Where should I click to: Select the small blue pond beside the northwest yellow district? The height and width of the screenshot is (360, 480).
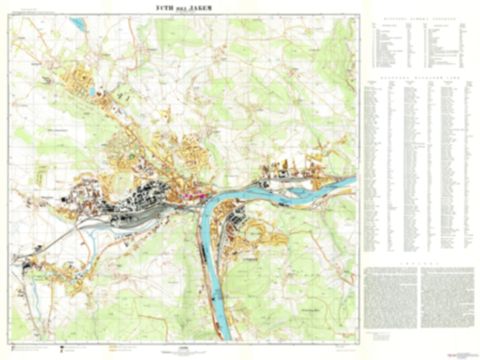point(92,90)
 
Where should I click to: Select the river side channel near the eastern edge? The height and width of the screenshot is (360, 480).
point(301,191)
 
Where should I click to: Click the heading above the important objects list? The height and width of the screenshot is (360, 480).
point(419,19)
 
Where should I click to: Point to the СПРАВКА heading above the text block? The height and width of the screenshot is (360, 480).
point(419,264)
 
